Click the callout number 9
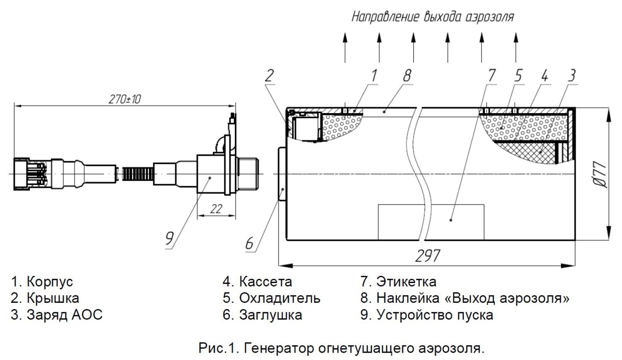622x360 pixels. click(169, 238)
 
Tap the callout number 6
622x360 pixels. click(249, 244)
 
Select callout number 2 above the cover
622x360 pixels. click(269, 76)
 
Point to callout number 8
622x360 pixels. click(407, 75)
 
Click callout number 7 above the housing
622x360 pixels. click(492, 75)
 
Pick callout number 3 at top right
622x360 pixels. click(571, 75)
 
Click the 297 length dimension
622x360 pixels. click(428, 256)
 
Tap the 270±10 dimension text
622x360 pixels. click(124, 99)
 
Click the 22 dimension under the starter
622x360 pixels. click(216, 209)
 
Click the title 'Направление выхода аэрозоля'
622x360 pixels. click(433, 17)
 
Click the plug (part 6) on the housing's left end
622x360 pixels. click(282, 174)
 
